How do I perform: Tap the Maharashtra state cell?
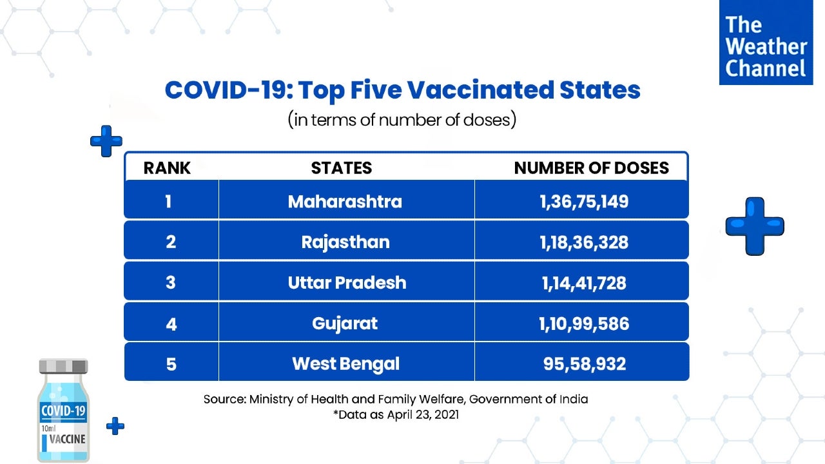coord(345,202)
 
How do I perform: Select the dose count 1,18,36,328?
coord(584,242)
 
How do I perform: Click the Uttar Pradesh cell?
coord(347,283)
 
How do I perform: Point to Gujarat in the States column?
coord(345,323)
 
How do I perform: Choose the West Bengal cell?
coord(345,363)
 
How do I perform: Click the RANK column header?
coord(167,168)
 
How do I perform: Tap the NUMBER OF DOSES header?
coord(591,168)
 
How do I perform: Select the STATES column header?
coord(341,168)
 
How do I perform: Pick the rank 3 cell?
coord(170,283)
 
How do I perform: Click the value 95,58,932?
coord(584,363)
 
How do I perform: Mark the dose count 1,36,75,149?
coord(584,202)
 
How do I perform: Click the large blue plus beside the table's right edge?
coord(755,226)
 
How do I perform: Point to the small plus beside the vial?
coord(115,425)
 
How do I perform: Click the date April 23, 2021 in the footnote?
coord(423,415)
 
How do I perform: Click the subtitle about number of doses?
coord(402,120)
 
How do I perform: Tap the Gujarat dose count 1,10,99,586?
coord(584,323)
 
